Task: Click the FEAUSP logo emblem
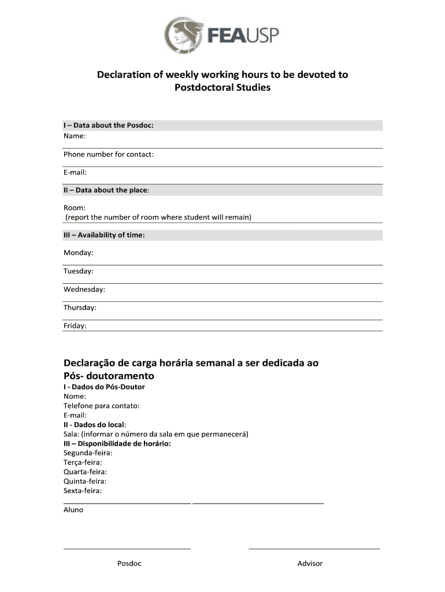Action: click(184, 35)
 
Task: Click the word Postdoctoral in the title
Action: click(202, 88)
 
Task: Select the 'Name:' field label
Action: click(75, 136)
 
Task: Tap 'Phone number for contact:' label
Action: click(109, 154)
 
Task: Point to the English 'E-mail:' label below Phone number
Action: click(75, 172)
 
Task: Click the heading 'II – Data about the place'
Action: click(110, 190)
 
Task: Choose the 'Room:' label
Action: click(75, 208)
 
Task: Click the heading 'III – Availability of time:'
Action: click(104, 235)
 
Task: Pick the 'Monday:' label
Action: click(79, 253)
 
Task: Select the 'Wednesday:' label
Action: click(84, 289)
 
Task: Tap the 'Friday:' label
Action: click(75, 325)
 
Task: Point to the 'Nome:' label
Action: click(75, 396)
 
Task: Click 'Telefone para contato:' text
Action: click(102, 406)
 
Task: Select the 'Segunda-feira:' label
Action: click(88, 453)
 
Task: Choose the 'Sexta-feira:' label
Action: click(83, 491)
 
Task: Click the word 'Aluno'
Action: click(73, 510)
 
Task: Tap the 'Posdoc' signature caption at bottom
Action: click(129, 564)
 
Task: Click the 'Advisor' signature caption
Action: click(310, 564)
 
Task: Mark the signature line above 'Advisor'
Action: click(314, 547)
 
